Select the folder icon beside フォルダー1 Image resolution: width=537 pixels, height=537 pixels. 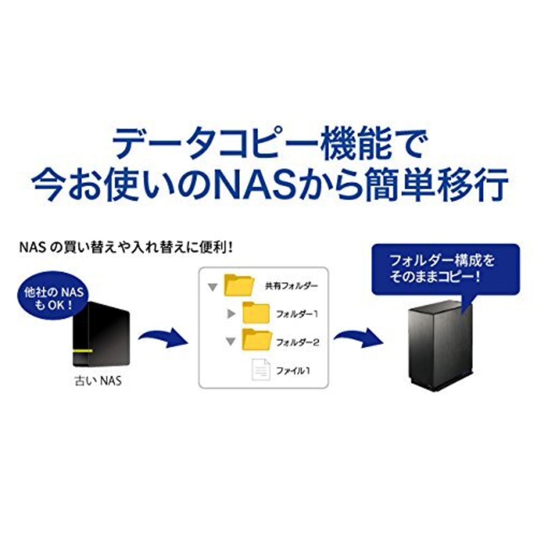256,313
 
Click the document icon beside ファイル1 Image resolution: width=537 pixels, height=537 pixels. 261,370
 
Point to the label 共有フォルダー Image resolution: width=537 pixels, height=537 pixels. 291,286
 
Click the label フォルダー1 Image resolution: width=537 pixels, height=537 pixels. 297,314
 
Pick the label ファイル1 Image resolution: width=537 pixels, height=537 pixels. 293,370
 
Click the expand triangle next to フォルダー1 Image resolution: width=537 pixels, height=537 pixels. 231,314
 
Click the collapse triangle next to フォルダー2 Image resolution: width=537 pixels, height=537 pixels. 230,341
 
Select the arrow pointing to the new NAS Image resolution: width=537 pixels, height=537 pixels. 358,338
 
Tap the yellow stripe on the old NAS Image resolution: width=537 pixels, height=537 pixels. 81,350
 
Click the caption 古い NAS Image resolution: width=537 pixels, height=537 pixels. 98,381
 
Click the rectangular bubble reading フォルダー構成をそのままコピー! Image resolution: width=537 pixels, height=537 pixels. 446,269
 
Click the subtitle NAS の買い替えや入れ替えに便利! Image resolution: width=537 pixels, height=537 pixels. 126,248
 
